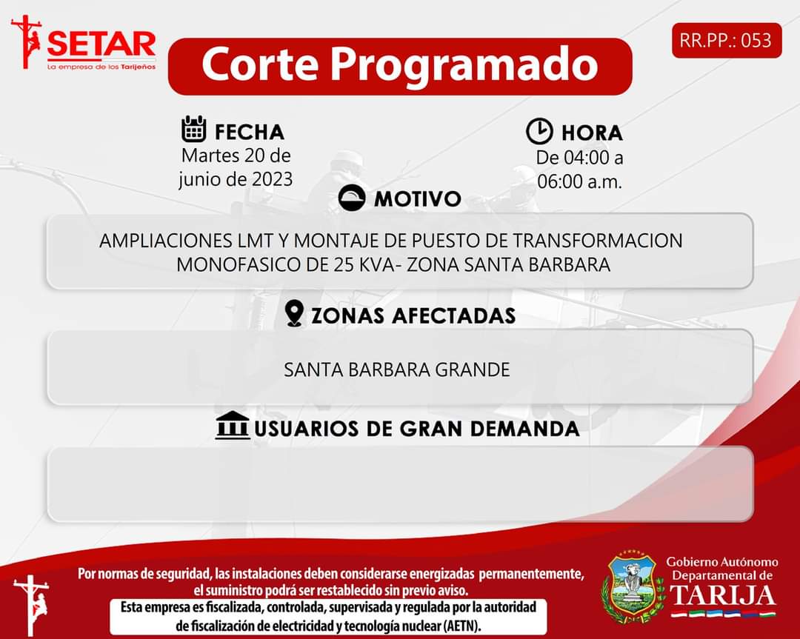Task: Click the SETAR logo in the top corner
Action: [x=84, y=43]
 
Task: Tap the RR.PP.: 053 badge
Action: [x=727, y=40]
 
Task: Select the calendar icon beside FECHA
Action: [x=194, y=129]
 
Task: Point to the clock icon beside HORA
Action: [x=539, y=131]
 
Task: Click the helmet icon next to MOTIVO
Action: [x=352, y=198]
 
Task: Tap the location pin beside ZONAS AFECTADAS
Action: [x=294, y=313]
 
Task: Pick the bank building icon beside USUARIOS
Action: [x=233, y=425]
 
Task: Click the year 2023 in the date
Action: [x=272, y=179]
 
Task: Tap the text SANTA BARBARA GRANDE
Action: [x=397, y=369]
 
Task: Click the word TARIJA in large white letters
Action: [x=722, y=595]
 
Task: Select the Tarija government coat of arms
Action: [x=633, y=586]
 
